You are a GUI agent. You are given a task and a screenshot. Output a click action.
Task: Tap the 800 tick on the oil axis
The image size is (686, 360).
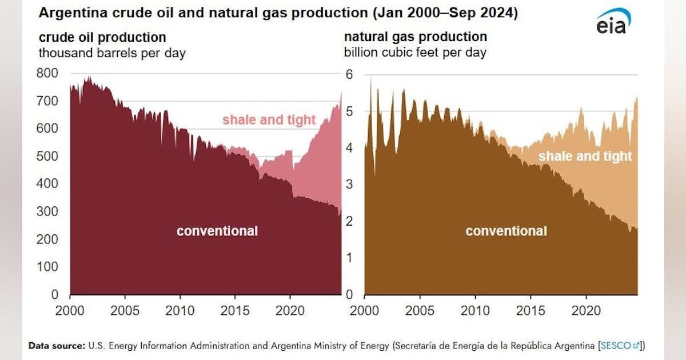pos(47,73)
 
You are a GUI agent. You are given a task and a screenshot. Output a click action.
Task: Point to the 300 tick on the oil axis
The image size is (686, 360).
pos(47,211)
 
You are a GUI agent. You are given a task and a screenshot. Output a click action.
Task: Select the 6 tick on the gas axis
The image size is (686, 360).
pos(349,74)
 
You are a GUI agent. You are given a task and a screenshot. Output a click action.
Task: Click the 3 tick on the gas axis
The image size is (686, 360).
pos(349,184)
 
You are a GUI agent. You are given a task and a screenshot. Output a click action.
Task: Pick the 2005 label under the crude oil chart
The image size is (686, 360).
pos(125,311)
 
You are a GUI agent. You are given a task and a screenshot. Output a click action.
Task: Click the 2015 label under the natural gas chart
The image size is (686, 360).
pos(531,311)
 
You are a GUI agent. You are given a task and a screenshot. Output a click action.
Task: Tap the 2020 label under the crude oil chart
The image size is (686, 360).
pos(290,311)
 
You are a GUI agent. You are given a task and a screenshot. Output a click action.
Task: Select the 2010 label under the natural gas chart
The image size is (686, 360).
pos(475,311)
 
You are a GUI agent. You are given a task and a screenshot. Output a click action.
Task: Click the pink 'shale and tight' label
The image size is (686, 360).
pos(269,119)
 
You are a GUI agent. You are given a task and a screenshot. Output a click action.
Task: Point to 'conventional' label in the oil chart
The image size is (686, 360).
pos(217,231)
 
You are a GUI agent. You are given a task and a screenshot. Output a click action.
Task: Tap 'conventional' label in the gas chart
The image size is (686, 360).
pos(506,231)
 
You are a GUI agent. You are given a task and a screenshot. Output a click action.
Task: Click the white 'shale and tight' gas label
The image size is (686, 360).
pos(585,156)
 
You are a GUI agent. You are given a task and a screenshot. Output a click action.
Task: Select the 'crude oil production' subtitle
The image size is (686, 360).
pos(102,37)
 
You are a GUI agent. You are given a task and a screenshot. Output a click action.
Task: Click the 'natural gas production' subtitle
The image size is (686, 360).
pos(416,37)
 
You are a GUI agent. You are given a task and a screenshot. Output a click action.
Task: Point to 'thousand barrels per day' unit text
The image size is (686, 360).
pos(112,53)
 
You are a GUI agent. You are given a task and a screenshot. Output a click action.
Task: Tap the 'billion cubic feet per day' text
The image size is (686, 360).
pos(415,53)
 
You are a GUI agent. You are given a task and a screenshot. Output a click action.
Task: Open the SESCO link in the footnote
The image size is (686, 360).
pos(620,346)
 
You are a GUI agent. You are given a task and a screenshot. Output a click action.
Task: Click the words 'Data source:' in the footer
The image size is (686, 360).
pos(57,346)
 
